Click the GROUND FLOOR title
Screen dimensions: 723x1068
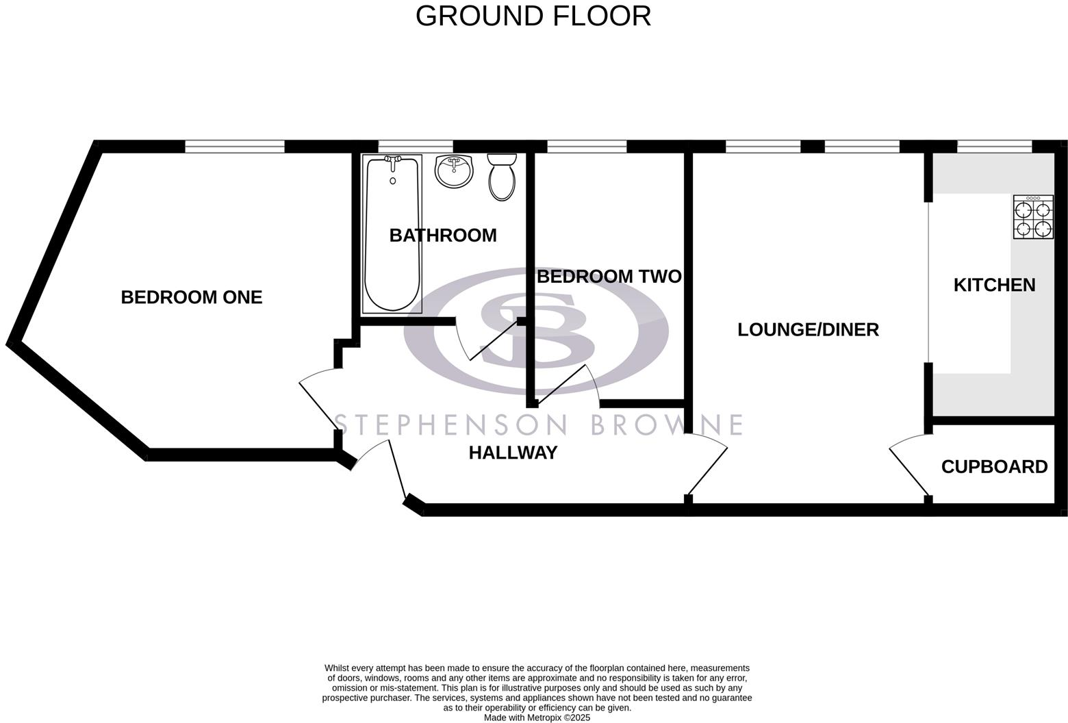tap(533, 16)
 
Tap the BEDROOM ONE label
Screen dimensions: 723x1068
tap(191, 297)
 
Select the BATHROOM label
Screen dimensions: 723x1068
tap(443, 236)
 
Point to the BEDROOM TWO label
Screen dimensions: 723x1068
tap(609, 277)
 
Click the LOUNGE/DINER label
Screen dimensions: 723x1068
tap(808, 329)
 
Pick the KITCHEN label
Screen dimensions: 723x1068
tap(994, 285)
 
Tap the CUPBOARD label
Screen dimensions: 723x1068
tap(994, 467)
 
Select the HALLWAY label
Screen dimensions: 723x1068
tap(513, 453)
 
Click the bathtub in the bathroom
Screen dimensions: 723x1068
tap(392, 233)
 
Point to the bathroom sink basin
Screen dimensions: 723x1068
tap(454, 171)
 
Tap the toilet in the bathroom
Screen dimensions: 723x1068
tap(503, 177)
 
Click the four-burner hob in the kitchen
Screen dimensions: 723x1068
tap(1033, 217)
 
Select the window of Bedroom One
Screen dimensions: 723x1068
tap(234, 147)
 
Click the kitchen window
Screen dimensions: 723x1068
tap(994, 147)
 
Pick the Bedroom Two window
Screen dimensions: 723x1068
tap(587, 147)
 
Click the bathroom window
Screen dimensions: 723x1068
tap(416, 147)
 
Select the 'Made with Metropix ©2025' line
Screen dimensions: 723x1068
tap(537, 718)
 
